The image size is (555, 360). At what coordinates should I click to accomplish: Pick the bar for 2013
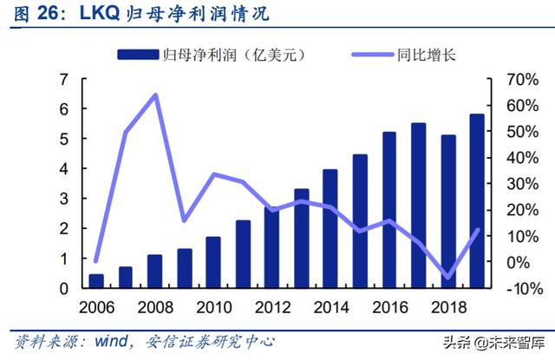coord(301,238)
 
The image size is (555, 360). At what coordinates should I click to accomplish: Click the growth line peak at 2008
coord(154,95)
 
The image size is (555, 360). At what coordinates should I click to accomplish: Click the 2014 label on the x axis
coord(330,308)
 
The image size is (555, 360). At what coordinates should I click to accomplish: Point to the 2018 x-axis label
coord(447,308)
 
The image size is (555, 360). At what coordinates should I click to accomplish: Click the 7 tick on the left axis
coord(63,79)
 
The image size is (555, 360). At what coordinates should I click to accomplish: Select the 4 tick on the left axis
coord(63,169)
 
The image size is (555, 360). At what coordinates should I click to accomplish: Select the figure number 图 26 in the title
coord(30,14)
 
